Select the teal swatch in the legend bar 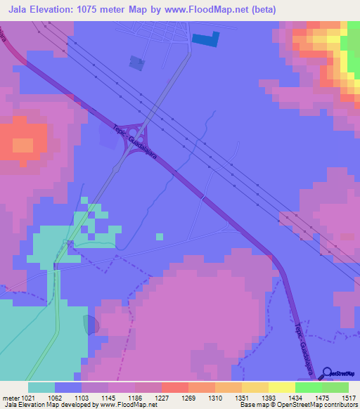pos(41,387)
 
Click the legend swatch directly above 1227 pos(174,387)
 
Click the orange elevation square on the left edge pos(22,146)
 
